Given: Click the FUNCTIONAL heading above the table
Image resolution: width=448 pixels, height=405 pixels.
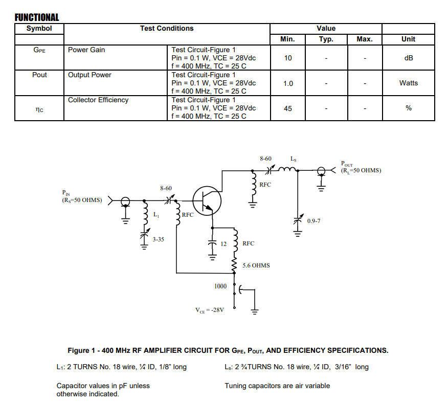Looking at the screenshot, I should [37, 18].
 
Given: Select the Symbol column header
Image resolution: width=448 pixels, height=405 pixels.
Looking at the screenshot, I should [39, 29].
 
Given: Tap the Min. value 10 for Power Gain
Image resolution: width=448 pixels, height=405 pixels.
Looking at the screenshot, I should [288, 58].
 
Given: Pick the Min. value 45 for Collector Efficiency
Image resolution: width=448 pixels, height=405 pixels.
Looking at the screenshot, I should [288, 108].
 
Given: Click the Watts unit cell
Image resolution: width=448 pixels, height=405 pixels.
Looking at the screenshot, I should [408, 83].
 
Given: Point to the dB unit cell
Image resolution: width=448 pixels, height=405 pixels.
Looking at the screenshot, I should [408, 58].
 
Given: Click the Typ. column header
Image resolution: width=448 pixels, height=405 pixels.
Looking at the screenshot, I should [326, 39].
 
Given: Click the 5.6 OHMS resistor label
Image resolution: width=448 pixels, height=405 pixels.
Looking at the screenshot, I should [256, 266].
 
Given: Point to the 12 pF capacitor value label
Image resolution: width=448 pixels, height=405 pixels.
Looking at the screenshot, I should [223, 244].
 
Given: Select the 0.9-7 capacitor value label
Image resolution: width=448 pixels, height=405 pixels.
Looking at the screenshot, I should [313, 221].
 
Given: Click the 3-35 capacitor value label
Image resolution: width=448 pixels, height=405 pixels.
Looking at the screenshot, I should [158, 239].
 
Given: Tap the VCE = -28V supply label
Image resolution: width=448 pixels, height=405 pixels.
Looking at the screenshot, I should [210, 310].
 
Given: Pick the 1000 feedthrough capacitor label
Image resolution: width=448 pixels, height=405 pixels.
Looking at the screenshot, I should [220, 286].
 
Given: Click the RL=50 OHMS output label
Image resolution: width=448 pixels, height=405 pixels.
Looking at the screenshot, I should [361, 170].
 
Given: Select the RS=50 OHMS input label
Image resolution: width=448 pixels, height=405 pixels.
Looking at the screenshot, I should [82, 200].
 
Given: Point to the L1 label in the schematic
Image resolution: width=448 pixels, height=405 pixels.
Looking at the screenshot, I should [156, 215].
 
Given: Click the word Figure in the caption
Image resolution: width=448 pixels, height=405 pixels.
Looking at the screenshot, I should [80, 350].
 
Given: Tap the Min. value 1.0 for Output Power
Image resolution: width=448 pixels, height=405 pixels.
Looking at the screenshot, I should [288, 83].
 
